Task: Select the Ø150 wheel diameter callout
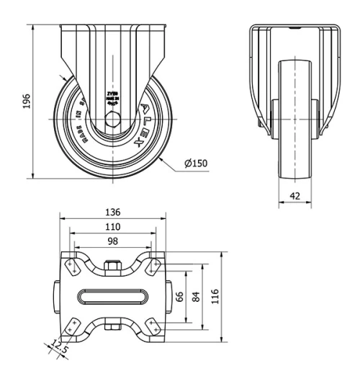pos(195,163)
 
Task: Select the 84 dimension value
pos(196,295)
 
